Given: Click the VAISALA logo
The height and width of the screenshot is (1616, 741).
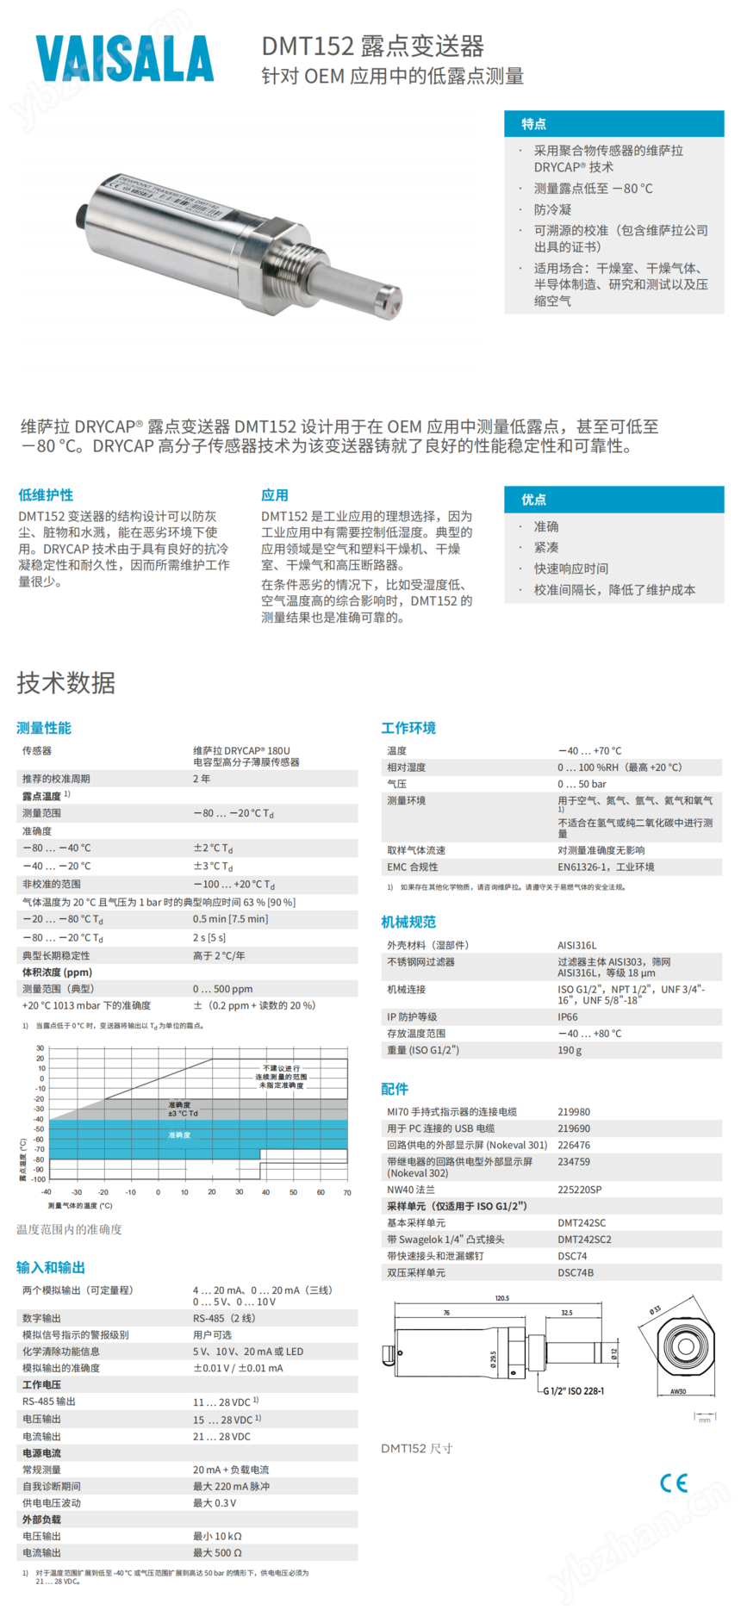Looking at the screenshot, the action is (125, 59).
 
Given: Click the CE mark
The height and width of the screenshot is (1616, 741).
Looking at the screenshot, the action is (674, 1482).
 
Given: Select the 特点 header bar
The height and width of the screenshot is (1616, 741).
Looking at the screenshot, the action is (613, 124).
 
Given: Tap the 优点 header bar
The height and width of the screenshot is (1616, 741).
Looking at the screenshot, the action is (613, 500).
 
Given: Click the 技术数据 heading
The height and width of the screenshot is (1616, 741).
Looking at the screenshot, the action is (65, 683).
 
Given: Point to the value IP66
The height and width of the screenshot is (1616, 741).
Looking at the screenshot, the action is (568, 1016).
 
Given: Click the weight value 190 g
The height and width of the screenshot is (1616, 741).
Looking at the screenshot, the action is (570, 1050).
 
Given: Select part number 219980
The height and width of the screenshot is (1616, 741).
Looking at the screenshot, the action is (574, 1112).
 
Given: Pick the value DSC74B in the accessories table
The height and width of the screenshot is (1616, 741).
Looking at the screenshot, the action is (576, 1272).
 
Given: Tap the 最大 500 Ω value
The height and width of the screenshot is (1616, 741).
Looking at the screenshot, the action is (217, 1552).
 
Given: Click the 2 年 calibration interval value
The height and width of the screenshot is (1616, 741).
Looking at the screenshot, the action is (202, 779).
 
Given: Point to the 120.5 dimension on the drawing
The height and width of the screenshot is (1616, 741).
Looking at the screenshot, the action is (501, 1298).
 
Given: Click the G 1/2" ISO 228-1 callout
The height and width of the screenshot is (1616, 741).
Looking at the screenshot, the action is (573, 1390).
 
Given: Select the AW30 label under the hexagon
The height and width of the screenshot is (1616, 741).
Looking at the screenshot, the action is (678, 1391).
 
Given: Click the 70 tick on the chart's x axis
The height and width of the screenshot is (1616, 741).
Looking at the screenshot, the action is (347, 1193).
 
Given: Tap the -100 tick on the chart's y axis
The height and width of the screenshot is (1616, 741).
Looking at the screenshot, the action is (38, 1179).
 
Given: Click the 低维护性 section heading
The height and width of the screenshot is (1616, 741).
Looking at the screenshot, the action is (46, 494).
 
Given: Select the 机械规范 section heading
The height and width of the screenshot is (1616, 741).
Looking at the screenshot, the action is (408, 922).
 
